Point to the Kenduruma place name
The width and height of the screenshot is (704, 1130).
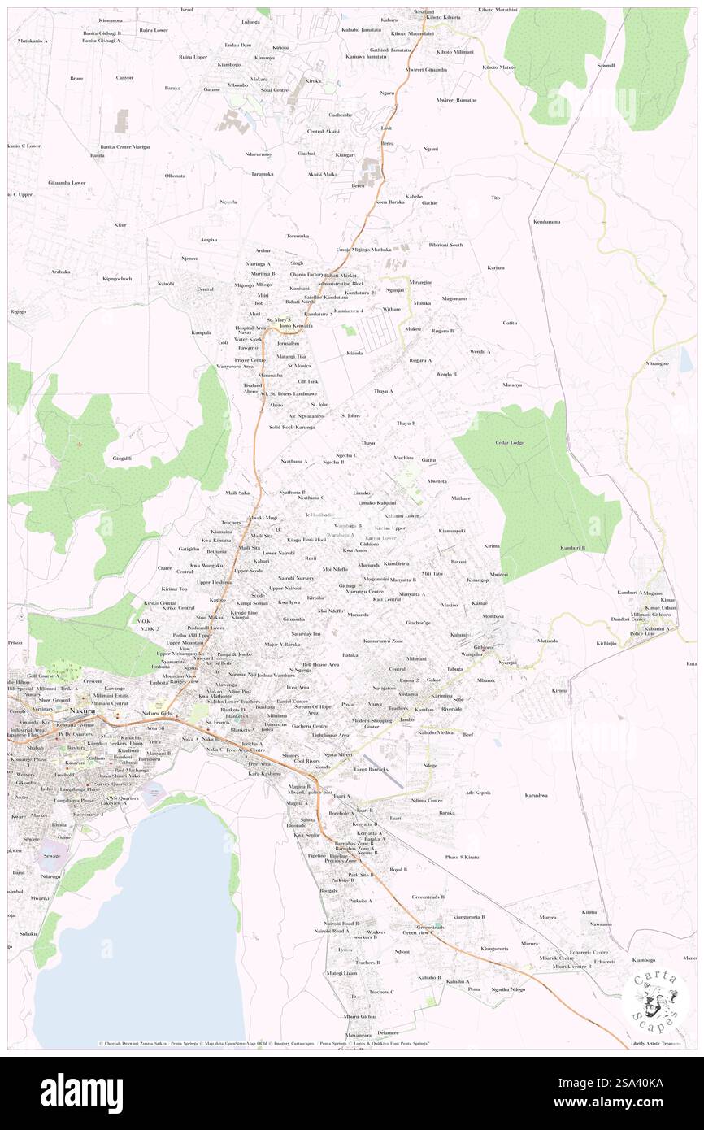[x=547, y=221]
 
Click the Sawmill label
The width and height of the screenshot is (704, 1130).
[x=606, y=65]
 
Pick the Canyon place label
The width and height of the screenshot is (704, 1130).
[x=124, y=77]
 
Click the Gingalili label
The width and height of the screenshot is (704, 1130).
[x=122, y=459]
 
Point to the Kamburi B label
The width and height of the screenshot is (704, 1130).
[x=573, y=548]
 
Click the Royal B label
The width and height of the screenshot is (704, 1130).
[x=398, y=869]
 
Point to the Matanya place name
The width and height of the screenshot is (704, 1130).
[x=511, y=385]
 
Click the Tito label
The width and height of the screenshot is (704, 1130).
[x=495, y=198]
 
